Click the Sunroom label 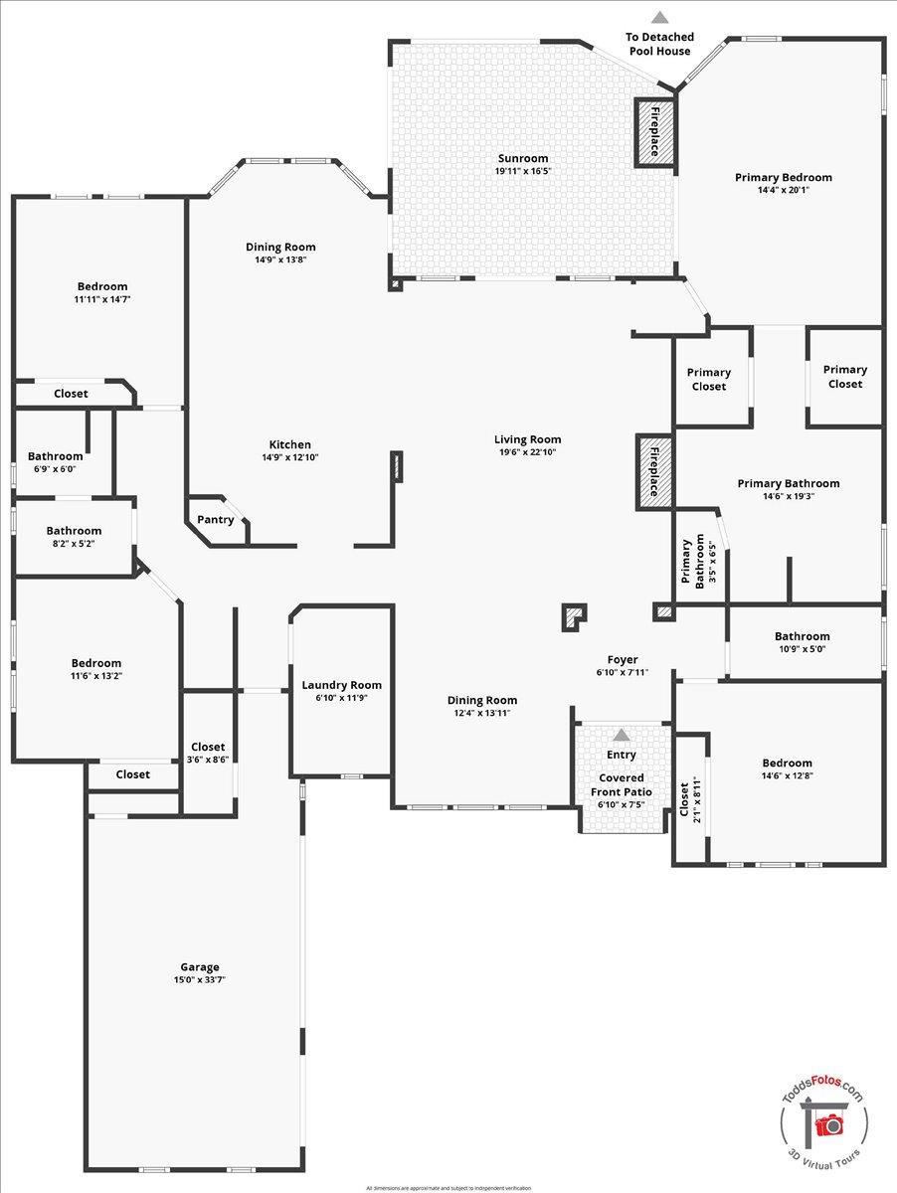click(x=522, y=158)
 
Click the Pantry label click(x=216, y=519)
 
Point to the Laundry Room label click(x=341, y=685)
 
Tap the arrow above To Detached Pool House click(x=659, y=17)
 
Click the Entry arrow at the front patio click(x=622, y=735)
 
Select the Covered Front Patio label click(x=622, y=784)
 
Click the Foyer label click(x=623, y=660)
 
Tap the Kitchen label click(x=289, y=444)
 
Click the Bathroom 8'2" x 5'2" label click(x=74, y=531)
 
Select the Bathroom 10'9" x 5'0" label click(x=802, y=636)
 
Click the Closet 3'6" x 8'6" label click(x=208, y=747)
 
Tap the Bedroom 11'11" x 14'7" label click(x=102, y=286)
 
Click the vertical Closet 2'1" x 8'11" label click(x=683, y=800)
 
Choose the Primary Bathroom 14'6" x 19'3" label click(x=789, y=483)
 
